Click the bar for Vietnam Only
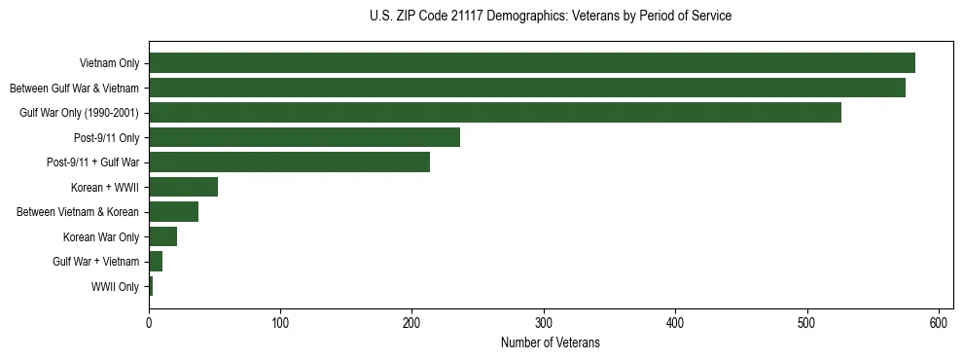point(532,63)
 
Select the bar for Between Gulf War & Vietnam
point(527,88)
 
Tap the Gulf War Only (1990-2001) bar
point(495,113)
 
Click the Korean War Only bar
point(162,236)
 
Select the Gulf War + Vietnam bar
point(156,262)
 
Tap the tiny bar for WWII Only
point(151,286)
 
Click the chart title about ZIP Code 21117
point(551,17)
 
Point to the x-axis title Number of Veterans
point(551,343)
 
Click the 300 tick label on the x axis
point(544,321)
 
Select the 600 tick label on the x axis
point(939,321)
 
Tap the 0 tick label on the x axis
point(149,321)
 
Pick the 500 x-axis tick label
point(807,321)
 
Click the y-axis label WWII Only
point(115,287)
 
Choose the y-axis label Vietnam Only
point(109,64)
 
